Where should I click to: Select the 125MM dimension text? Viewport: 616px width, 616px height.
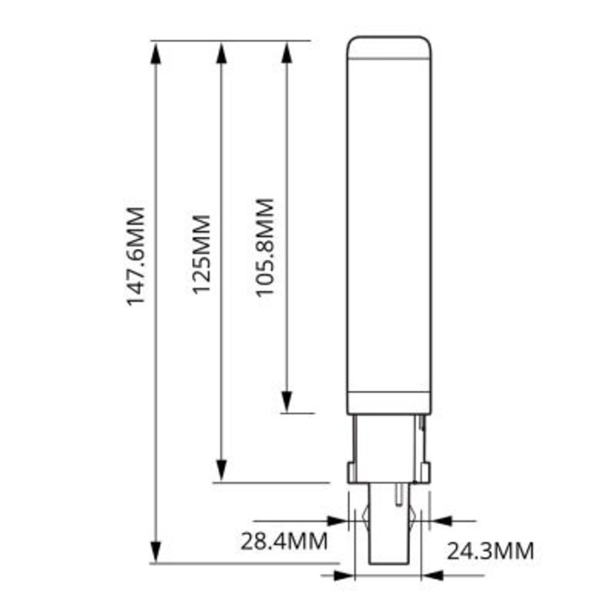click(202, 254)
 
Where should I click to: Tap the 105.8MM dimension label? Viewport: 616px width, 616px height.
click(265, 247)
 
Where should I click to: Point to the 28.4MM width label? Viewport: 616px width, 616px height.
click(283, 542)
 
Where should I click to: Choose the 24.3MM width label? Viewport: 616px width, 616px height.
click(490, 551)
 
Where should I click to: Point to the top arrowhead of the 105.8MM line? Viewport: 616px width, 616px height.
click(286, 54)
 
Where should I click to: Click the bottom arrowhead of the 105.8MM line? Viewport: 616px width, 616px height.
click(286, 400)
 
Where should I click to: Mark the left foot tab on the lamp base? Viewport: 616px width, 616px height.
click(352, 473)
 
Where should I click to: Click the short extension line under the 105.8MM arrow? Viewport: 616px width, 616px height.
click(298, 413)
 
